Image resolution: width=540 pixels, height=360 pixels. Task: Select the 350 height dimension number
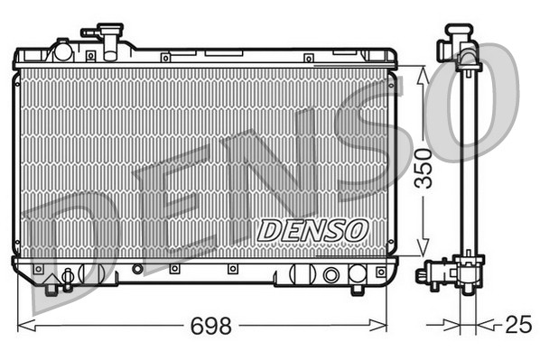(x=423, y=168)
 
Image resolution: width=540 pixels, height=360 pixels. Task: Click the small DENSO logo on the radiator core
(x=312, y=230)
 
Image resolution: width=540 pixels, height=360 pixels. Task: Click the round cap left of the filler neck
(x=62, y=50)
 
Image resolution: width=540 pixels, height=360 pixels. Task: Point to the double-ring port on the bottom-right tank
(x=331, y=275)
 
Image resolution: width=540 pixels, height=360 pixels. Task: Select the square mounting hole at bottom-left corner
(x=37, y=269)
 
